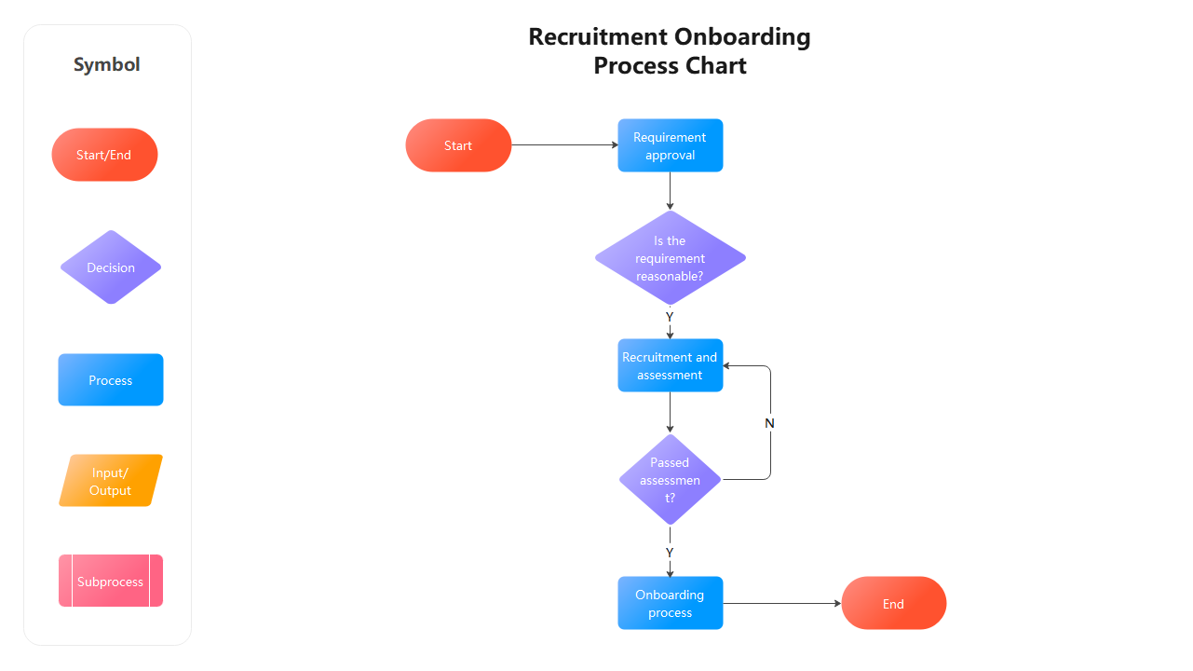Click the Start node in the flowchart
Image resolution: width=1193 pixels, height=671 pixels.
click(x=458, y=145)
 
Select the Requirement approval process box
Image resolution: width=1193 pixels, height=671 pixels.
click(x=670, y=145)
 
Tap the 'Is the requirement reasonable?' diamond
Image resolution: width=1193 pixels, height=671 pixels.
click(x=670, y=258)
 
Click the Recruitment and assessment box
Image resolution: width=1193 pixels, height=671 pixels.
click(x=670, y=365)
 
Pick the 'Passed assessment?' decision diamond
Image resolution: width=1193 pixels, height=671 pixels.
click(x=670, y=480)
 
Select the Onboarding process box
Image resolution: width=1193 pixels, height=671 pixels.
click(x=670, y=603)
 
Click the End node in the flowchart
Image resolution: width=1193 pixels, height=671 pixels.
click(x=893, y=604)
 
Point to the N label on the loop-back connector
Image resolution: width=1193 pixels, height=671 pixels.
click(x=769, y=423)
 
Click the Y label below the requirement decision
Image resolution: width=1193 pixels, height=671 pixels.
click(x=670, y=318)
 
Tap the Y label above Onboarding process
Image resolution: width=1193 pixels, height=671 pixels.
click(x=670, y=553)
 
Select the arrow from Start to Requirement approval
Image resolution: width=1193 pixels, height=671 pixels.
click(x=563, y=145)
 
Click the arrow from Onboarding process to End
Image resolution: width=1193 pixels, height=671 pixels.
click(x=782, y=604)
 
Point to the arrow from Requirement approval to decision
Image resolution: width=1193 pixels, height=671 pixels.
click(x=670, y=191)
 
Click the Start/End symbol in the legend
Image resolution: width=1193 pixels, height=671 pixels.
click(x=104, y=155)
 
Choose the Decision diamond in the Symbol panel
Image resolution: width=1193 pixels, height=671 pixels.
click(x=111, y=267)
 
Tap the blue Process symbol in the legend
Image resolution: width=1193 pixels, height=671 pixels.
click(x=111, y=380)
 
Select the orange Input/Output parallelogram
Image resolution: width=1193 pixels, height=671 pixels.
click(x=111, y=481)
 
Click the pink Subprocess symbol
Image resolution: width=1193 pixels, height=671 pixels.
click(x=111, y=582)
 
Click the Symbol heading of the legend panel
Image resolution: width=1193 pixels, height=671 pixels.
click(x=107, y=64)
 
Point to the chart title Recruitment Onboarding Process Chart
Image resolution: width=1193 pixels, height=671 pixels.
click(x=670, y=51)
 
